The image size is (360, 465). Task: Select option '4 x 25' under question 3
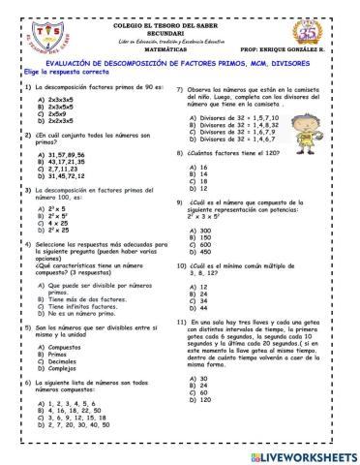51,223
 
